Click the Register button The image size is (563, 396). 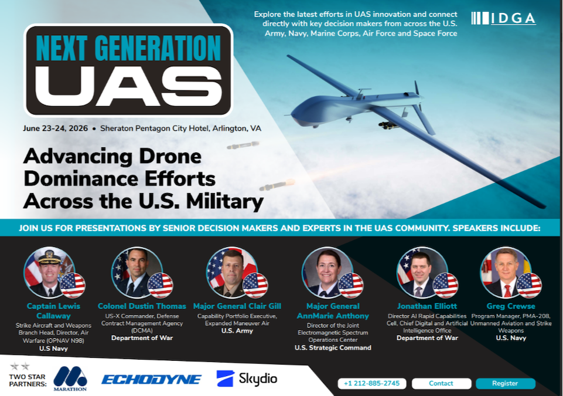pyautogui.click(x=505, y=384)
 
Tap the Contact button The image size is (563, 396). pyautogui.click(x=441, y=384)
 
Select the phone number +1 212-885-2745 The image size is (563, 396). pyautogui.click(x=371, y=384)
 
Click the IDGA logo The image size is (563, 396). pyautogui.click(x=503, y=18)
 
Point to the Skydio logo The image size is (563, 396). pyautogui.click(x=247, y=378)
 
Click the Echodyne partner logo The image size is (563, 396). pyautogui.click(x=151, y=380)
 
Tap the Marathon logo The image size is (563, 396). pyautogui.click(x=70, y=378)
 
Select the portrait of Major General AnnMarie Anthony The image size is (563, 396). pyautogui.click(x=327, y=272)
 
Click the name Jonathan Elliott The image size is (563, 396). pyautogui.click(x=427, y=306)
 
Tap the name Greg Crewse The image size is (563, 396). pyautogui.click(x=511, y=306)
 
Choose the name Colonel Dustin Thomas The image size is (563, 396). pyautogui.click(x=142, y=306)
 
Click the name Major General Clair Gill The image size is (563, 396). pyautogui.click(x=237, y=306)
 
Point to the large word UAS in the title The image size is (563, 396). pyautogui.click(x=128, y=87)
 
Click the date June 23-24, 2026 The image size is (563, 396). pyautogui.click(x=55, y=128)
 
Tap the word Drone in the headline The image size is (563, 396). pyautogui.click(x=170, y=157)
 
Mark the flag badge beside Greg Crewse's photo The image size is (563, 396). pyautogui.click(x=529, y=286)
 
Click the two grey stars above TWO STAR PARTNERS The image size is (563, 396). pyautogui.click(x=20, y=367)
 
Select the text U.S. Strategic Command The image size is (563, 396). pyautogui.click(x=333, y=348)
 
